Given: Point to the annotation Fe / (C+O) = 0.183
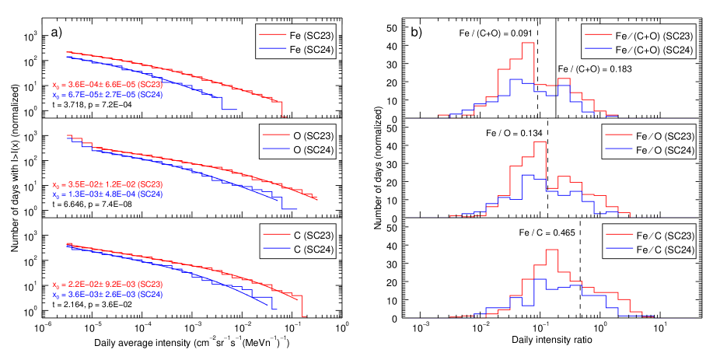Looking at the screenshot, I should [x=595, y=69].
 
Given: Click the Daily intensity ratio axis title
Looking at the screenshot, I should [x=542, y=341].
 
